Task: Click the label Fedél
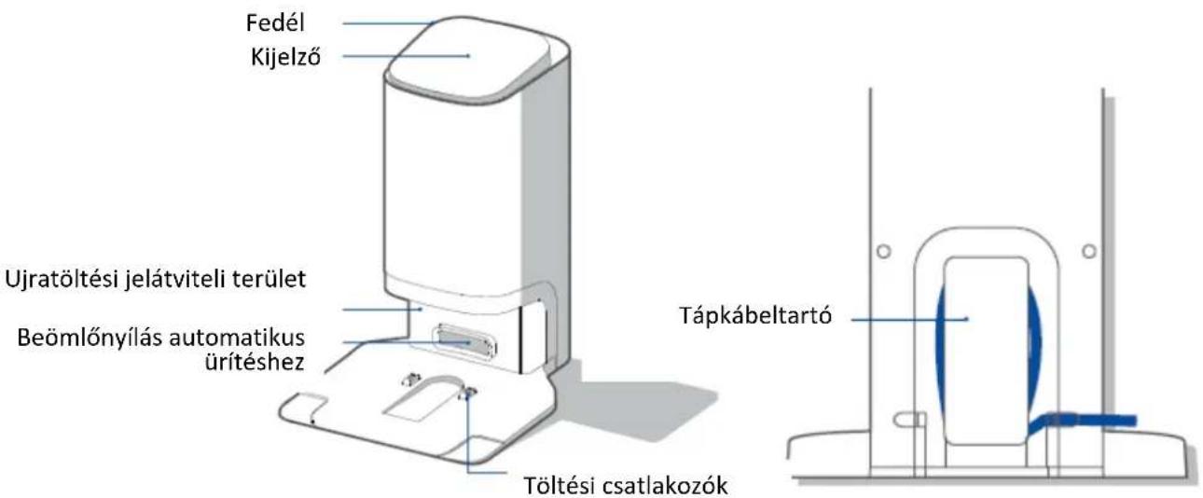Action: pyautogui.click(x=275, y=22)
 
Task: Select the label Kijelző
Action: pyautogui.click(x=285, y=56)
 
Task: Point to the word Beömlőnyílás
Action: pyautogui.click(x=90, y=339)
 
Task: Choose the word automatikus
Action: pyautogui.click(x=237, y=338)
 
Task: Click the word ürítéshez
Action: pyautogui.click(x=255, y=362)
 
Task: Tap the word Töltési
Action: pyautogui.click(x=560, y=485)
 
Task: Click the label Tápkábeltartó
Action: pyautogui.click(x=755, y=315)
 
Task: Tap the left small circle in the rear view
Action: pyautogui.click(x=883, y=251)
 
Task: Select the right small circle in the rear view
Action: pyautogui.click(x=1089, y=251)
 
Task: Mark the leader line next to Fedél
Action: pyautogui.click(x=388, y=23)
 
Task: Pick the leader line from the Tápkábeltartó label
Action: pyautogui.click(x=909, y=320)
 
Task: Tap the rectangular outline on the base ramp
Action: pyautogui.click(x=422, y=400)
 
